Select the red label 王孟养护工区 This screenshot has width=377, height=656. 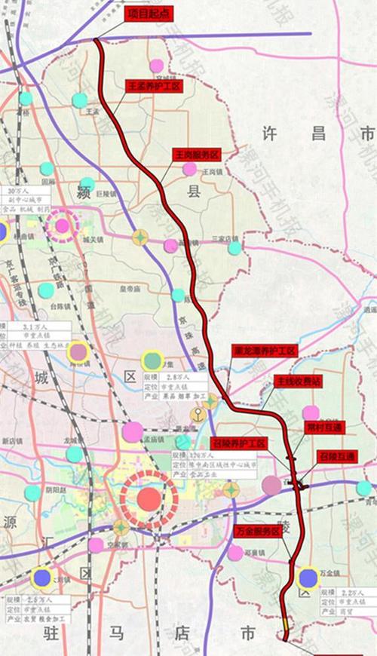[x=154, y=87]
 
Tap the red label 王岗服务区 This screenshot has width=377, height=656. [x=197, y=154]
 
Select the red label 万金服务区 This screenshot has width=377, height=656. [x=258, y=532]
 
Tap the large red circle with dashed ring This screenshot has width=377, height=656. [x=149, y=498]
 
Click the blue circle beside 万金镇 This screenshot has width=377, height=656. [x=308, y=578]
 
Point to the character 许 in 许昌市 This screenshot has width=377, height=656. [x=269, y=134]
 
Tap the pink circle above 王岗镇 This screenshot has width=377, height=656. [x=189, y=169]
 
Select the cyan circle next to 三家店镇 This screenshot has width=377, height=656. [x=235, y=247]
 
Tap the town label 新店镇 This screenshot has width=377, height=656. [x=14, y=441]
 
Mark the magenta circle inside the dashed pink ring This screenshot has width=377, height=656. [x=62, y=225]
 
